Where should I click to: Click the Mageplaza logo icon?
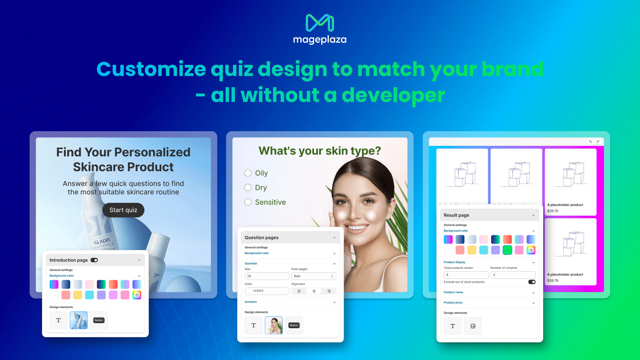tap(320, 23)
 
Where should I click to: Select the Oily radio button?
tap(248, 173)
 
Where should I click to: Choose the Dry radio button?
tap(248, 188)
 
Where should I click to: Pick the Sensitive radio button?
tap(248, 202)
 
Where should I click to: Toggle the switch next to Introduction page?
tap(94, 260)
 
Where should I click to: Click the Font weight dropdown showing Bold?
tap(314, 276)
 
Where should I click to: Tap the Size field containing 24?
tap(267, 276)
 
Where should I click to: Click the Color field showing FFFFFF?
tap(267, 291)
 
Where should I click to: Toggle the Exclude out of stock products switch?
tap(532, 282)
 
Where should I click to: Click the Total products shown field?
tap(466, 275)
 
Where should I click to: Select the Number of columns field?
tap(513, 275)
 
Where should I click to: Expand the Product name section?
tap(489, 292)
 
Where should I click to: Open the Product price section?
tap(489, 303)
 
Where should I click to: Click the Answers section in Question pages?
tap(290, 302)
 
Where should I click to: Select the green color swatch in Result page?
tap(507, 250)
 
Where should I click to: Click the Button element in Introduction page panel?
tap(99, 320)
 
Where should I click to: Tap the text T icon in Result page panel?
tap(453, 326)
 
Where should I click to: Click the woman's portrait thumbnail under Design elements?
tap(274, 325)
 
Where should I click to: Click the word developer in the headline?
tap(393, 95)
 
